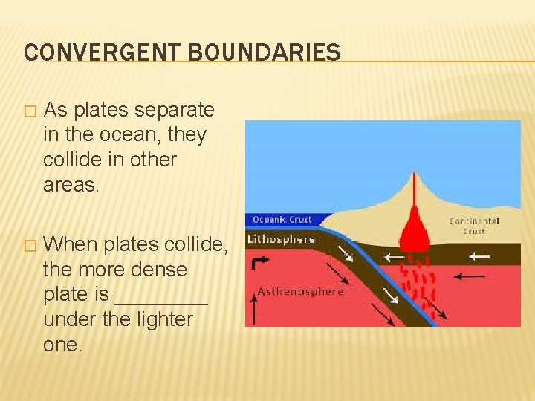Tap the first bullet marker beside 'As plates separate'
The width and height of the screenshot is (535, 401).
tap(29, 111)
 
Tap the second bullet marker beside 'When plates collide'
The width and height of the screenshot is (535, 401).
tap(29, 245)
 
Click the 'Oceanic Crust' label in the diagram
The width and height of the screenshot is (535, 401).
tap(282, 220)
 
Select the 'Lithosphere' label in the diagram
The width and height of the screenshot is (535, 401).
tap(281, 239)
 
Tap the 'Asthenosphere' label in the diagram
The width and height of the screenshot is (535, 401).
tap(300, 291)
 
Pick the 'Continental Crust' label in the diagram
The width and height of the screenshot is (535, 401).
tap(474, 226)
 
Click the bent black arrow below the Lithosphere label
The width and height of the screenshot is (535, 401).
tap(261, 264)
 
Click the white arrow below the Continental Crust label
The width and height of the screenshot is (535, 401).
tap(479, 256)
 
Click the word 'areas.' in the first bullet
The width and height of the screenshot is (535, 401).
tap(71, 185)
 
